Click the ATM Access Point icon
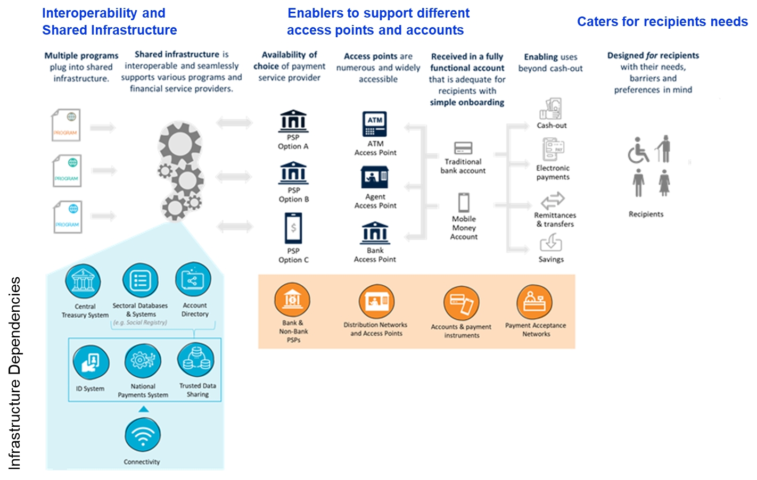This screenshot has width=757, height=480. pyautogui.click(x=375, y=124)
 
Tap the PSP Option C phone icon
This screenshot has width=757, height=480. pyautogui.click(x=293, y=228)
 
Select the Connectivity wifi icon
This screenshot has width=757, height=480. pyautogui.click(x=143, y=435)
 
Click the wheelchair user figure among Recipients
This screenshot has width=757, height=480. pyautogui.click(x=638, y=152)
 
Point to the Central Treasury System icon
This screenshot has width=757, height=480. pyautogui.click(x=83, y=281)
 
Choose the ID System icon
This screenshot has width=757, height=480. pyautogui.click(x=90, y=362)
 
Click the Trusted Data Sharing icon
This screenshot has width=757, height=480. pyautogui.click(x=196, y=360)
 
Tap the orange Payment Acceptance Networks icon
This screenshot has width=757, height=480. pyautogui.click(x=534, y=302)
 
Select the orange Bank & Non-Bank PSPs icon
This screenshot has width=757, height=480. pyautogui.click(x=292, y=300)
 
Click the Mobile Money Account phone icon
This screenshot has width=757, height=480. pyautogui.click(x=464, y=203)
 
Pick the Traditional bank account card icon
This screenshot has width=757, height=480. pyautogui.click(x=463, y=147)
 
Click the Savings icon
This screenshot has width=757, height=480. pyautogui.click(x=551, y=243)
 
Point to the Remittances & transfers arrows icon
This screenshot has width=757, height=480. pyautogui.click(x=553, y=201)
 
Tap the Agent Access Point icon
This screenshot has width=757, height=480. pyautogui.click(x=375, y=177)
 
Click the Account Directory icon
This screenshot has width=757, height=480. pyautogui.click(x=193, y=279)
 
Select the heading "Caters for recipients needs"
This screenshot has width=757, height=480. pyautogui.click(x=662, y=22)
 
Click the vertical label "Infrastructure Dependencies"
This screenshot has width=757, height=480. pyautogui.click(x=15, y=373)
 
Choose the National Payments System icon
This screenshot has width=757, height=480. pyautogui.click(x=142, y=361)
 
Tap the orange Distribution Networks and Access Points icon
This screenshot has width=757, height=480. pyautogui.click(x=376, y=302)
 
